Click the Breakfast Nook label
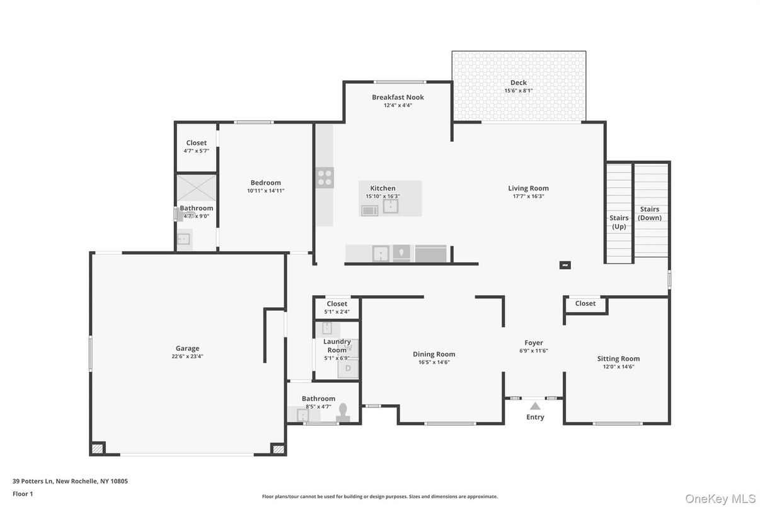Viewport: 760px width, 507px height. click(398, 97)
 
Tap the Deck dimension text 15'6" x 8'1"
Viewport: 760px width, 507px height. click(518, 91)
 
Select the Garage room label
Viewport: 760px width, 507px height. click(187, 348)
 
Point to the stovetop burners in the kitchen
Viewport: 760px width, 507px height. click(325, 178)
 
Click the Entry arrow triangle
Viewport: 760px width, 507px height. click(534, 406)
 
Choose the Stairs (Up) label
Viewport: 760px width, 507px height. click(619, 222)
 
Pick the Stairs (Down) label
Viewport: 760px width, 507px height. click(649, 213)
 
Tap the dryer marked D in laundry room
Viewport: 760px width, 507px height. click(347, 368)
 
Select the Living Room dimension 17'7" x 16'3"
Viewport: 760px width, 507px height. click(528, 196)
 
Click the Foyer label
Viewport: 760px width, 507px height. click(533, 343)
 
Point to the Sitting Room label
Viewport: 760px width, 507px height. click(618, 359)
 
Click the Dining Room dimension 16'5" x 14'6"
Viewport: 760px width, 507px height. click(434, 363)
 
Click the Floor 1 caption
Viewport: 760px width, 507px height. click(23, 494)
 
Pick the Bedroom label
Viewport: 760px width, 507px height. click(265, 183)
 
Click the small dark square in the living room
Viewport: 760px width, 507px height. click(565, 265)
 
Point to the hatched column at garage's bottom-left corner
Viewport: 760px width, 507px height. click(97, 449)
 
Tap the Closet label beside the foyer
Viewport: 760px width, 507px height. click(585, 303)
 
